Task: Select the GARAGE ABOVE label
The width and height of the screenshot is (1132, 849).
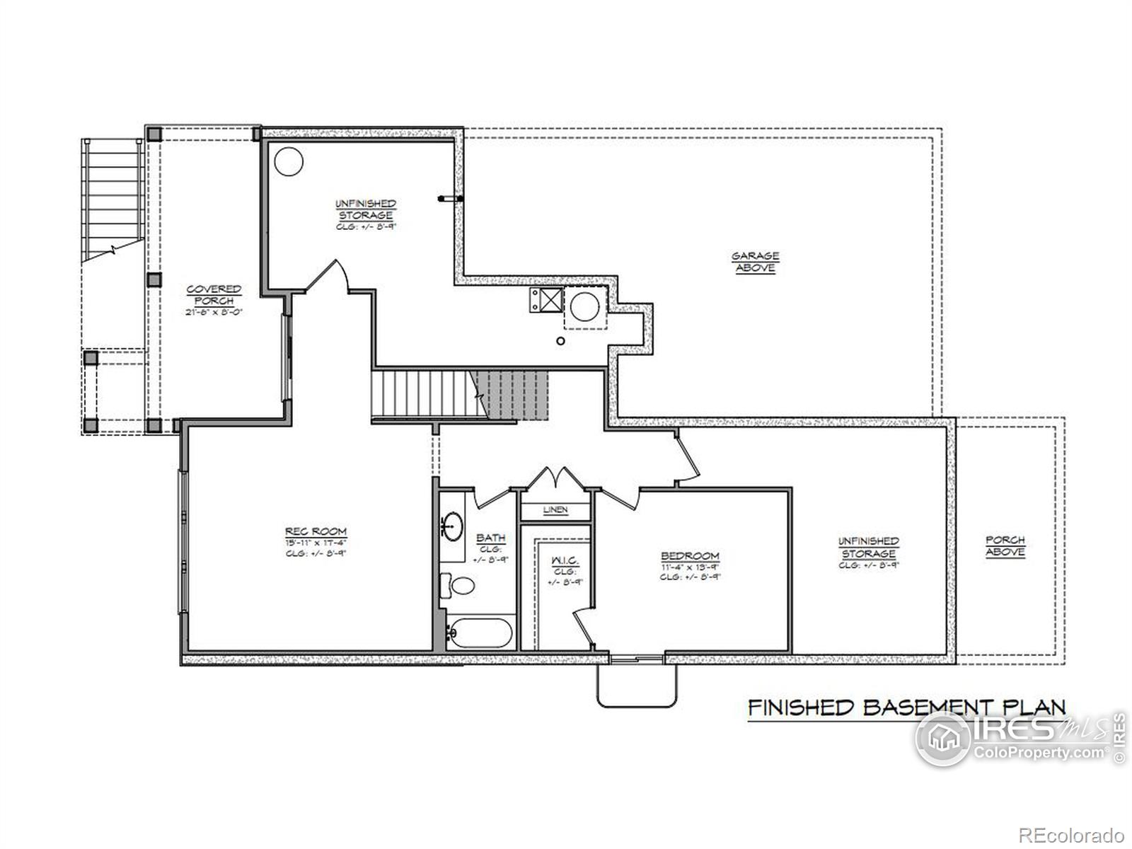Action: [755, 262]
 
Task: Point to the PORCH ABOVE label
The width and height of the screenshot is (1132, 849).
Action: [1005, 545]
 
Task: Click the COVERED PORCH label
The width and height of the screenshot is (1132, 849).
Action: [214, 295]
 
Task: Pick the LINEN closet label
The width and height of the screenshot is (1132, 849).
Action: [555, 510]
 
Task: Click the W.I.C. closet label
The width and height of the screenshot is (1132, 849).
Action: [565, 561]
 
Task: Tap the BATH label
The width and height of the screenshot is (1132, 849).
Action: [490, 538]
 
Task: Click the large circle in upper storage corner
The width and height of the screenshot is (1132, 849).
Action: [288, 162]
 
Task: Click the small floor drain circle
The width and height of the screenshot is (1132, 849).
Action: [560, 341]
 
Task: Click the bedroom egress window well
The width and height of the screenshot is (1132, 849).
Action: [636, 685]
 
